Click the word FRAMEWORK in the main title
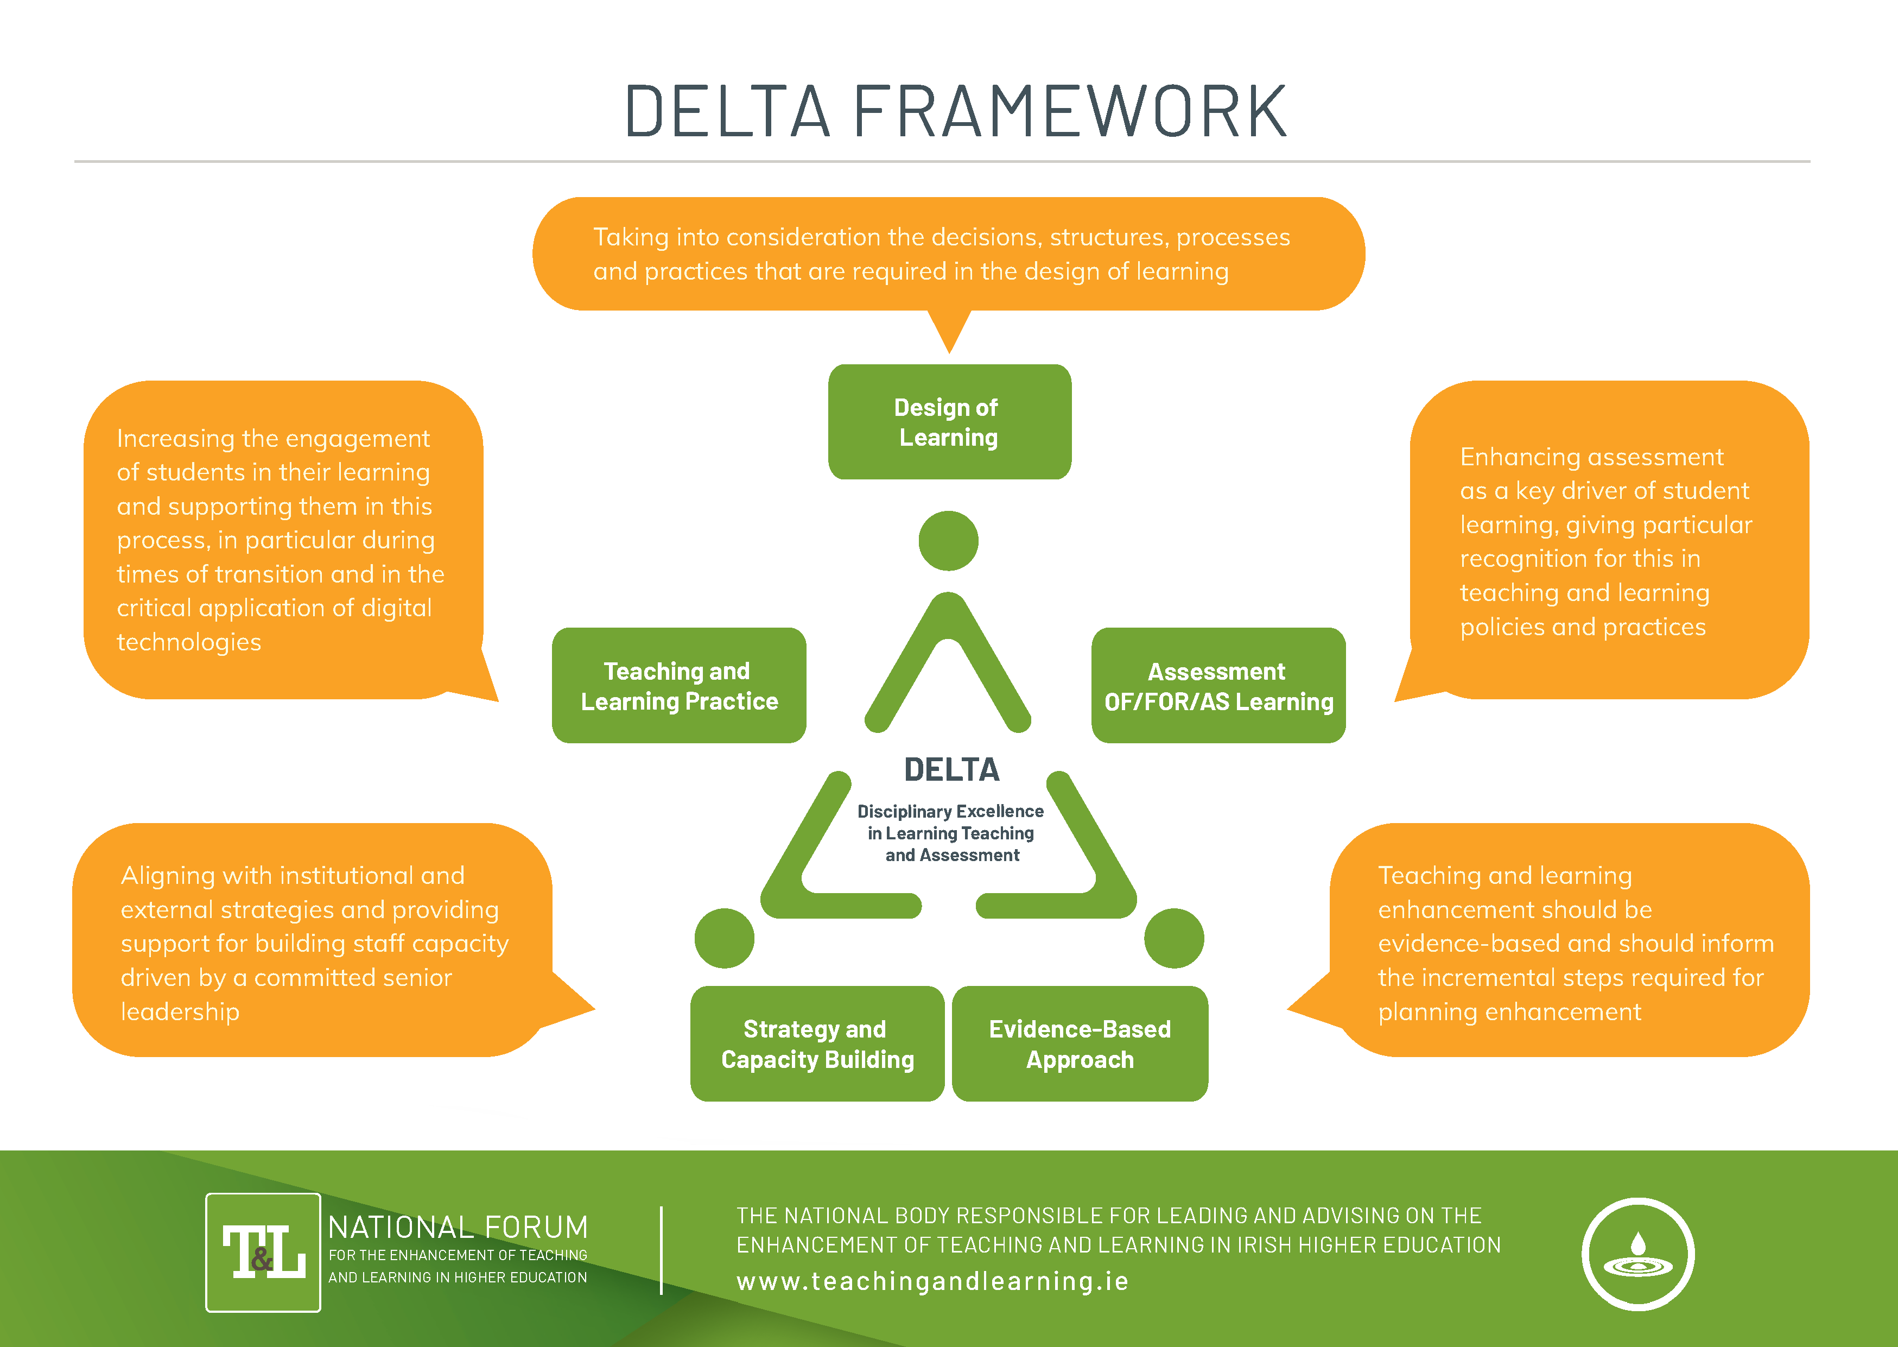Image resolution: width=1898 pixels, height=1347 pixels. [1070, 111]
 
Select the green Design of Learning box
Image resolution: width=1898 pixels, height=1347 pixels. [949, 421]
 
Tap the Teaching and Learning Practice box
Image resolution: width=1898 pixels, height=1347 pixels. [678, 685]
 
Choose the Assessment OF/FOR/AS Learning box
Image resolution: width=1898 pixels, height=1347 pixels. [1217, 685]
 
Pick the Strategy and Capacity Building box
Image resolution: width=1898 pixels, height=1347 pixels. [817, 1044]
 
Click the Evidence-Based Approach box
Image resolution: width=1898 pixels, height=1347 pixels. [1079, 1044]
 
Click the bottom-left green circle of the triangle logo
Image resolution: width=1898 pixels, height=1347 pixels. [724, 938]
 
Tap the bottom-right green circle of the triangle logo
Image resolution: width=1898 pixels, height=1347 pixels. [1173, 938]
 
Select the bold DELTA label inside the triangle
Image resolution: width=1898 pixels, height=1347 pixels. [951, 770]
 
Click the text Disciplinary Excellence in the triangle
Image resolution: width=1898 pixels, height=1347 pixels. [950, 811]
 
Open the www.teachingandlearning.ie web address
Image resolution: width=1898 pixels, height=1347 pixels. [932, 1281]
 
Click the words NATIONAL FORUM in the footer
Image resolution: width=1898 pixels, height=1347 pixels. [458, 1226]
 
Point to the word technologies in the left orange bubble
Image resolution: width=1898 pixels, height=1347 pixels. [189, 642]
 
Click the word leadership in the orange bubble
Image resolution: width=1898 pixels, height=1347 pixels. [180, 1012]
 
